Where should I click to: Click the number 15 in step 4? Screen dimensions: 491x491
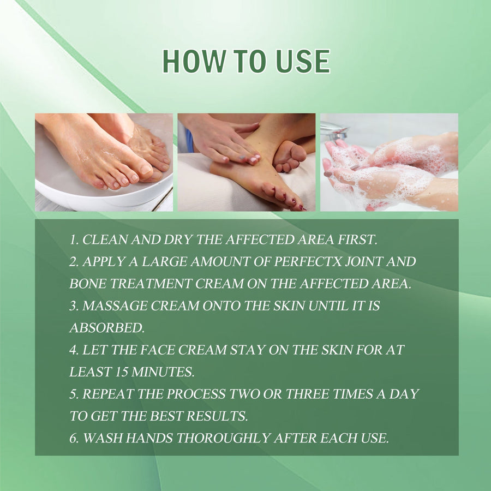(x=122, y=372)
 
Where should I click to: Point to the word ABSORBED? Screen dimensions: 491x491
(x=107, y=328)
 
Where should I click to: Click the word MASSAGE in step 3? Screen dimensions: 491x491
(x=115, y=306)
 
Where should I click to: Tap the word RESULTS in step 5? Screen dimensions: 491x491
(x=217, y=416)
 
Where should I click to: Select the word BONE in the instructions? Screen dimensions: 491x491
(x=88, y=284)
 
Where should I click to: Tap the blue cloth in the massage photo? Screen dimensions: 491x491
(x=189, y=140)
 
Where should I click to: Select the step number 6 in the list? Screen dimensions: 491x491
(x=74, y=438)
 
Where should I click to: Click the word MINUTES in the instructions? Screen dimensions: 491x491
(x=163, y=372)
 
